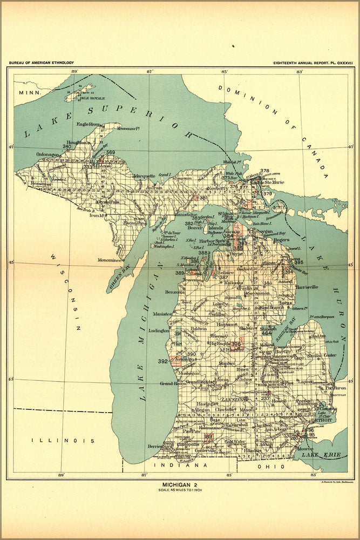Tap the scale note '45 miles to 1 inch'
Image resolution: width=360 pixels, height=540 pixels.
(180, 490)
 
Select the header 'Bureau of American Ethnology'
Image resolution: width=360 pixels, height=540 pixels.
(42, 63)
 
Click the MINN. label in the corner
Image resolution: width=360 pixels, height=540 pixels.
(26, 93)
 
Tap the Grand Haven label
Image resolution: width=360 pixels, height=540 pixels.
(173, 383)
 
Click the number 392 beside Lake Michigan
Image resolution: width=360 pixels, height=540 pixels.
(162, 361)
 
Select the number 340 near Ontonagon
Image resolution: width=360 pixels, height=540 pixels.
(67, 146)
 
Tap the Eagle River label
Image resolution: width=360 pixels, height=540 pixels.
(89, 124)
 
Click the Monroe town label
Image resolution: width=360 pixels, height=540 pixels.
(305, 449)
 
